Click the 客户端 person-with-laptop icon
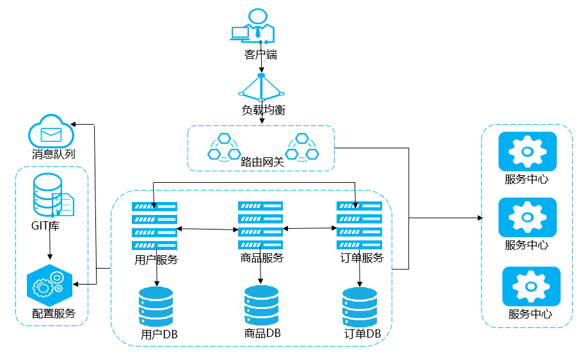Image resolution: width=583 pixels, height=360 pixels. pos(253,27)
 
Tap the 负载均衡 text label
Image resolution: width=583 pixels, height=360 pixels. pos(263,110)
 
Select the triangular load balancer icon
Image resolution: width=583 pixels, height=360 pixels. pos(261,87)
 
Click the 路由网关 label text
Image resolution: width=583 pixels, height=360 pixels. pos(262,162)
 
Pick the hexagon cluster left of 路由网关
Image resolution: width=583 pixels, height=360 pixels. pos(223,147)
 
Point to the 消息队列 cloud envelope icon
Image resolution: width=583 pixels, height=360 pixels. pos(51,132)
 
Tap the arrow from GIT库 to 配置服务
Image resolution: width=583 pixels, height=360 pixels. pos(51,246)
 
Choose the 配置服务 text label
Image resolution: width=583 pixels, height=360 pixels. pos(54,313)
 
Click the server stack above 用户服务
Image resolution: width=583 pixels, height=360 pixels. pos(154,226)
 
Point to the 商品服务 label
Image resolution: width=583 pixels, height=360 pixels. pos(262,258)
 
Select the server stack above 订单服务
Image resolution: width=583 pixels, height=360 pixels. pos(359,224)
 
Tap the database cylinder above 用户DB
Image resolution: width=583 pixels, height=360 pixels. pos(156,307)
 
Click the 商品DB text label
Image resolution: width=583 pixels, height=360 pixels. pos(262,333)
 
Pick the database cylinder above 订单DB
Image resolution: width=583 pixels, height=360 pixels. pos(360,307)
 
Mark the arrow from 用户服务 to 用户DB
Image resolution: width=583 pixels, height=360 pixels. pos(157,271)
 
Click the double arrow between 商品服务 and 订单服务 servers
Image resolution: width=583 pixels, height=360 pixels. pos(310,228)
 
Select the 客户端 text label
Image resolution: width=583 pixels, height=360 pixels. pos(261,55)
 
